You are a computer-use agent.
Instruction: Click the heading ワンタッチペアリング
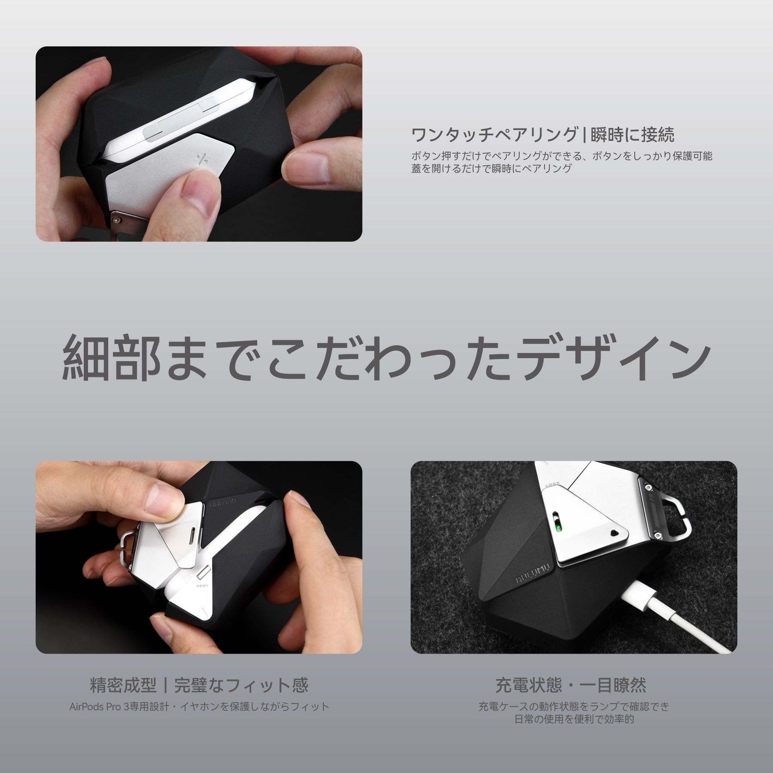pyautogui.click(x=494, y=134)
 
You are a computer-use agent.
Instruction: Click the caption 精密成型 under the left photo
pyautogui.click(x=123, y=685)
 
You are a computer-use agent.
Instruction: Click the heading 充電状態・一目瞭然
pyautogui.click(x=571, y=685)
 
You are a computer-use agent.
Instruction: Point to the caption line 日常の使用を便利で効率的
pyautogui.click(x=574, y=719)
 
